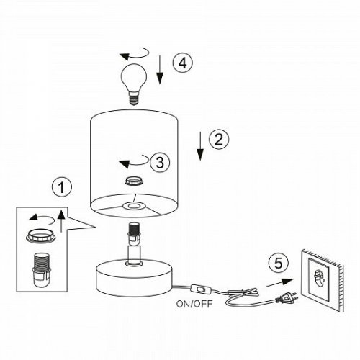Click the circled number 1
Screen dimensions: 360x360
tap(62, 187)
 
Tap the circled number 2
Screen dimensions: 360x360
tap(219, 139)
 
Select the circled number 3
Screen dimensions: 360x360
tap(160, 162)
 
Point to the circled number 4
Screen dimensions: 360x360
tap(183, 63)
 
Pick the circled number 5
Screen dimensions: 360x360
tap(279, 263)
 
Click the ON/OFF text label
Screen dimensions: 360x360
tap(194, 304)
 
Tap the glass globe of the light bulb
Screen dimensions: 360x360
tap(134, 77)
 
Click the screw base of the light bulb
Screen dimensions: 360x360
tap(134, 99)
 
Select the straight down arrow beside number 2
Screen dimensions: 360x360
tap(200, 146)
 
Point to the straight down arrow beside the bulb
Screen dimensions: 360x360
tap(160, 70)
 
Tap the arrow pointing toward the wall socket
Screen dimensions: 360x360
tap(279, 283)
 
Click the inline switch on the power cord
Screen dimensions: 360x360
tap(201, 289)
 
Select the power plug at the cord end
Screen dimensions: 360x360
tap(287, 298)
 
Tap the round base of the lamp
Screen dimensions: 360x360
tap(134, 279)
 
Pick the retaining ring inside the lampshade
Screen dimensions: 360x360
tap(134, 181)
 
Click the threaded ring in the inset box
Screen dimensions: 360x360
tap(41, 235)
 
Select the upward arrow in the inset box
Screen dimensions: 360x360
tap(61, 221)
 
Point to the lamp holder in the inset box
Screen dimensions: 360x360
tap(41, 270)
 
